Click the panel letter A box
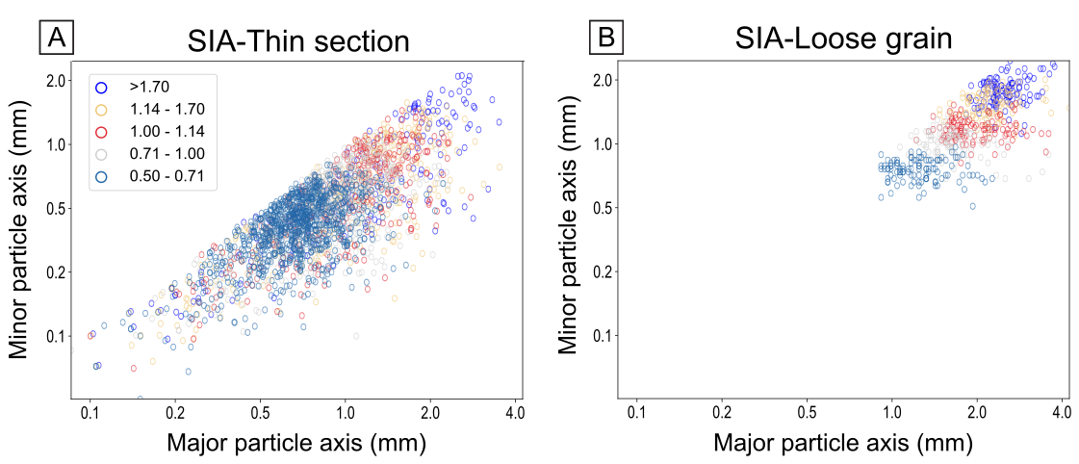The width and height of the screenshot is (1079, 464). click(x=57, y=38)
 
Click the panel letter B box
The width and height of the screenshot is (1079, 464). click(x=606, y=38)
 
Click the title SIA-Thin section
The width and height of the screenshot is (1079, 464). click(x=298, y=41)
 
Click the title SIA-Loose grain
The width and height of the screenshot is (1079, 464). click(x=844, y=39)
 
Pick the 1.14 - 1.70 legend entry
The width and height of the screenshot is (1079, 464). click(x=166, y=109)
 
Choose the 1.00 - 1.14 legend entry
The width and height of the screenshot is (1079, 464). click(x=166, y=131)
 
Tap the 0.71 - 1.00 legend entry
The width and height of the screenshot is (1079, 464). click(x=166, y=153)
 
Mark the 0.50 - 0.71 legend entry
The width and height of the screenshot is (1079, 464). click(x=166, y=175)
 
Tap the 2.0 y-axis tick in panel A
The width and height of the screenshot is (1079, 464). click(x=57, y=80)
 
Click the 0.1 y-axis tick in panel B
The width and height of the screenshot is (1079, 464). click(x=603, y=336)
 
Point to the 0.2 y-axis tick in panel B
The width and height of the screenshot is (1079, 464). click(x=603, y=272)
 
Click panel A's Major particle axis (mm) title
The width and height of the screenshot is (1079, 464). click(x=295, y=444)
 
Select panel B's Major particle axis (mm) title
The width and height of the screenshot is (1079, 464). click(x=843, y=444)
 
